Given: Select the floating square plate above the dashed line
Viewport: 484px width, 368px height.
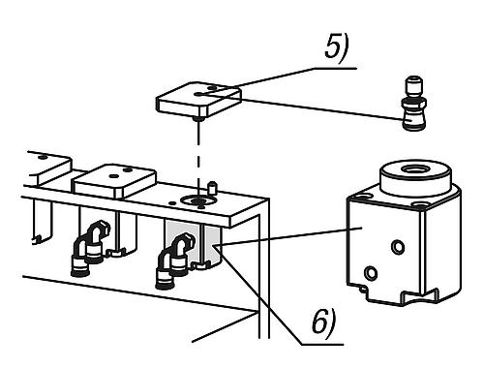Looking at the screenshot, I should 199,101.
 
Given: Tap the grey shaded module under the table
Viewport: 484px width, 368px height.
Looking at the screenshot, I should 192,243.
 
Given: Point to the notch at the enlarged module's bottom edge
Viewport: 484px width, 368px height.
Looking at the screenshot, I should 364,289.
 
